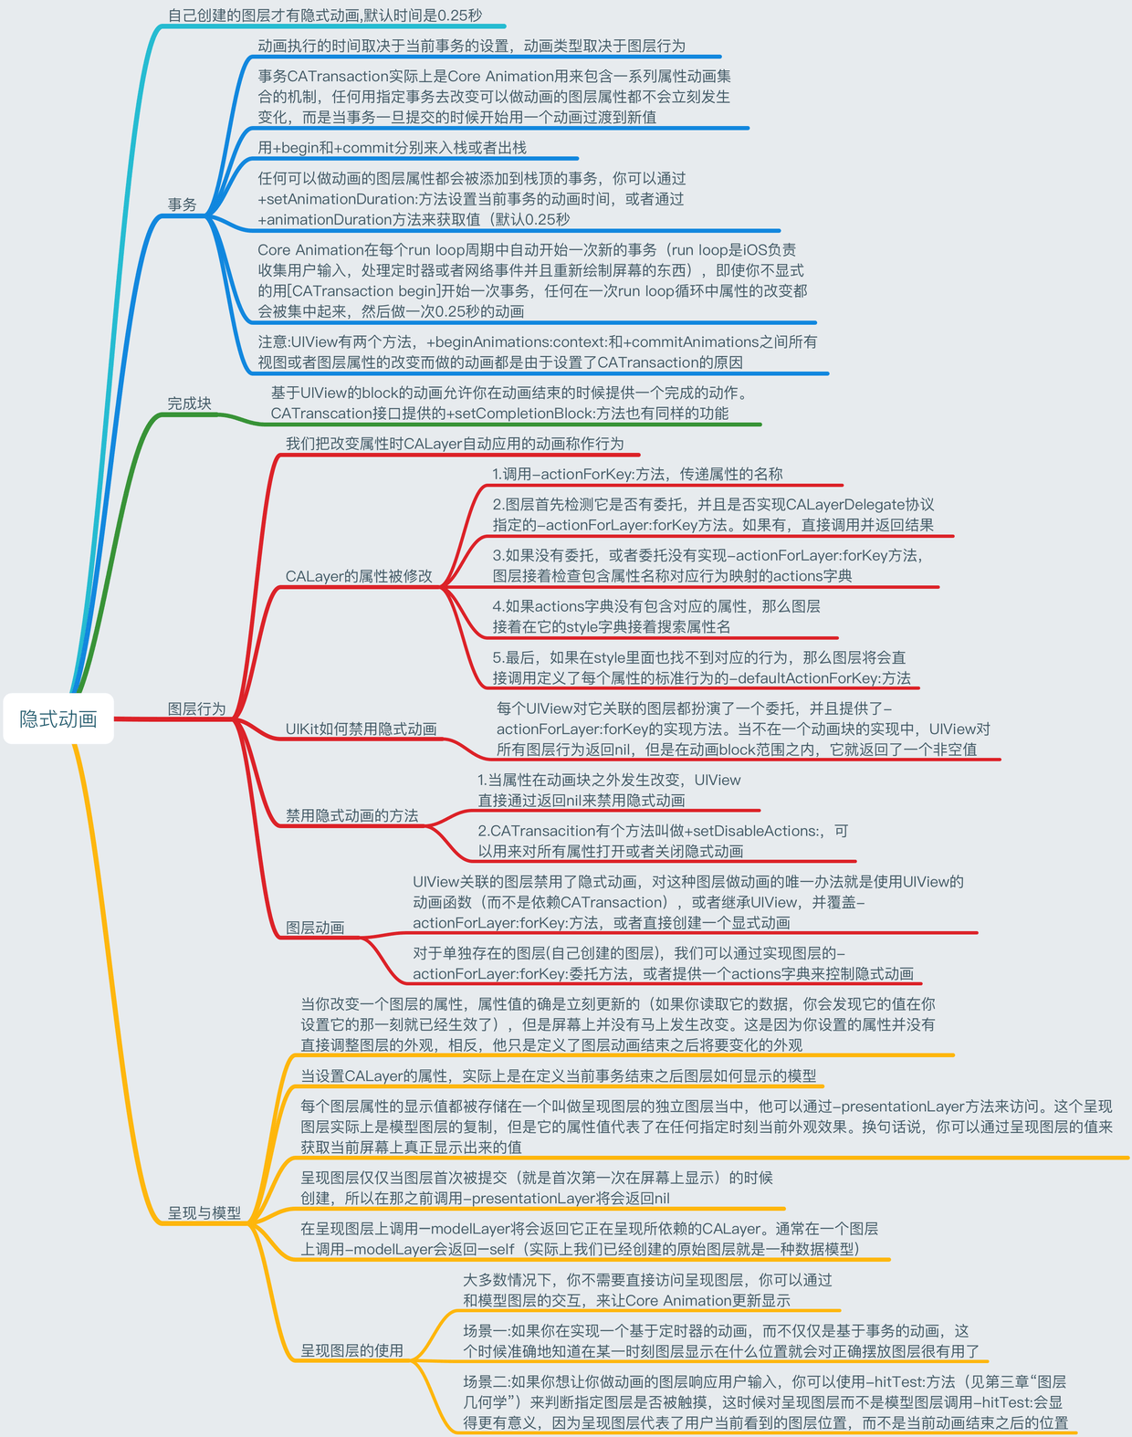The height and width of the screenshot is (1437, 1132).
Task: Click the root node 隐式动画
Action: tap(58, 718)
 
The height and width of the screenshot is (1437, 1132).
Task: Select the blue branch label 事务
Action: tap(182, 205)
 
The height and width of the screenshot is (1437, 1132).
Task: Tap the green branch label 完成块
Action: tap(189, 404)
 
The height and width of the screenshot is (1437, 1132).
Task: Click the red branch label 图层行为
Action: tap(196, 708)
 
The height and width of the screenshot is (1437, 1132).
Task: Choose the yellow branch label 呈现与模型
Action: tap(204, 1213)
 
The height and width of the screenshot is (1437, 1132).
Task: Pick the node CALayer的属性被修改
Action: tap(359, 576)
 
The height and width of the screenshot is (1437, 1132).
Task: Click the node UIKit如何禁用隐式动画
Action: tap(362, 729)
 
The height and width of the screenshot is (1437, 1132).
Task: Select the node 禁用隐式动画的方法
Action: tap(352, 815)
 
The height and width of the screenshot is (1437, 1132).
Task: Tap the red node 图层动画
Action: tap(315, 928)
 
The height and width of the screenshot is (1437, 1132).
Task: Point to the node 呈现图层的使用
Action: tap(352, 1350)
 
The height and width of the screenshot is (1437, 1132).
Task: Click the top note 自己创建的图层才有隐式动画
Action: tap(325, 16)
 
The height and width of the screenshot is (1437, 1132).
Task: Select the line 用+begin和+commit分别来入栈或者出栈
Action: tap(393, 148)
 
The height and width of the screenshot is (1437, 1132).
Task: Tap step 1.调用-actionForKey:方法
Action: tap(637, 474)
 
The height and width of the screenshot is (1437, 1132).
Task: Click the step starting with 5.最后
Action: tap(701, 667)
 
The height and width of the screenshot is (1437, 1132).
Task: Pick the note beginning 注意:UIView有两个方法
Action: tap(537, 352)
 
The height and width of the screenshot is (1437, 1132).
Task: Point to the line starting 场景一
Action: tap(720, 1341)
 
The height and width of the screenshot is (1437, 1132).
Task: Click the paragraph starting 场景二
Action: tap(765, 1402)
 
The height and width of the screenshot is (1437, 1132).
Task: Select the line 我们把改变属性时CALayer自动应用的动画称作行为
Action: tap(455, 444)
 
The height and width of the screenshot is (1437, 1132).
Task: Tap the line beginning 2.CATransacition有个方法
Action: tap(663, 841)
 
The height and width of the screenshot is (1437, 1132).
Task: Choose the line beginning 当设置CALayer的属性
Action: tap(559, 1076)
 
